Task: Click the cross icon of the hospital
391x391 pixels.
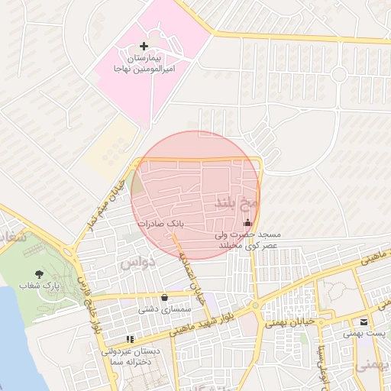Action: (x=144, y=47)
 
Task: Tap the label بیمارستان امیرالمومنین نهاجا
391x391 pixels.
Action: (x=144, y=63)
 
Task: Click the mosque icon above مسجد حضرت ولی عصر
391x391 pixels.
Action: (x=247, y=223)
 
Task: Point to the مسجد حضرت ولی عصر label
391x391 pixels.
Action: (x=246, y=240)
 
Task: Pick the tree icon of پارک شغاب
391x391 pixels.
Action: (x=39, y=273)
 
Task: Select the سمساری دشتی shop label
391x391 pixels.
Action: (x=163, y=310)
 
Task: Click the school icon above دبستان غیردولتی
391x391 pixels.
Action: (x=130, y=338)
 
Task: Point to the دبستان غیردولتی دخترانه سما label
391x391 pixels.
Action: (x=131, y=357)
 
